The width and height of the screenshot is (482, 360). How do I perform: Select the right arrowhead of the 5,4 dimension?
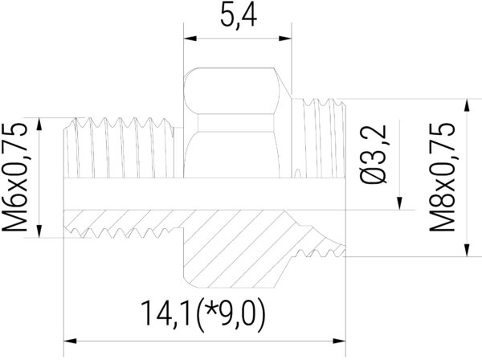(284, 37)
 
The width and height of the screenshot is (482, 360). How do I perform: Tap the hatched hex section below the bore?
(233, 249)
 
